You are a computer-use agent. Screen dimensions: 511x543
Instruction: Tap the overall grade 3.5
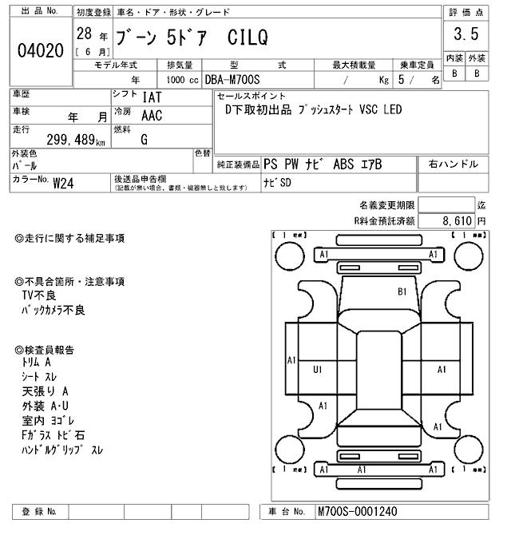(x=465, y=36)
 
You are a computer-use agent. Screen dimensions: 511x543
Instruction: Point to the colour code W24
(x=63, y=183)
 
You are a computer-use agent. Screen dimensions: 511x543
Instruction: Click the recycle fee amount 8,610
(x=457, y=220)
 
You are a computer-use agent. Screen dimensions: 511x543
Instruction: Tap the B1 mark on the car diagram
(x=402, y=292)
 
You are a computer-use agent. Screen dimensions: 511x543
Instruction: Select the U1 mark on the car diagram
(x=318, y=370)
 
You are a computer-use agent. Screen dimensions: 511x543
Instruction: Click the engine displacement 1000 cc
(x=183, y=80)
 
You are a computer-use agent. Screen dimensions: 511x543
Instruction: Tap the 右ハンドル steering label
(x=453, y=164)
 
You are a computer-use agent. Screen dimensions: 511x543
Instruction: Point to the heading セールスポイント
(x=251, y=96)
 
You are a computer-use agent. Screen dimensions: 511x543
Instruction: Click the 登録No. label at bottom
(x=40, y=511)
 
